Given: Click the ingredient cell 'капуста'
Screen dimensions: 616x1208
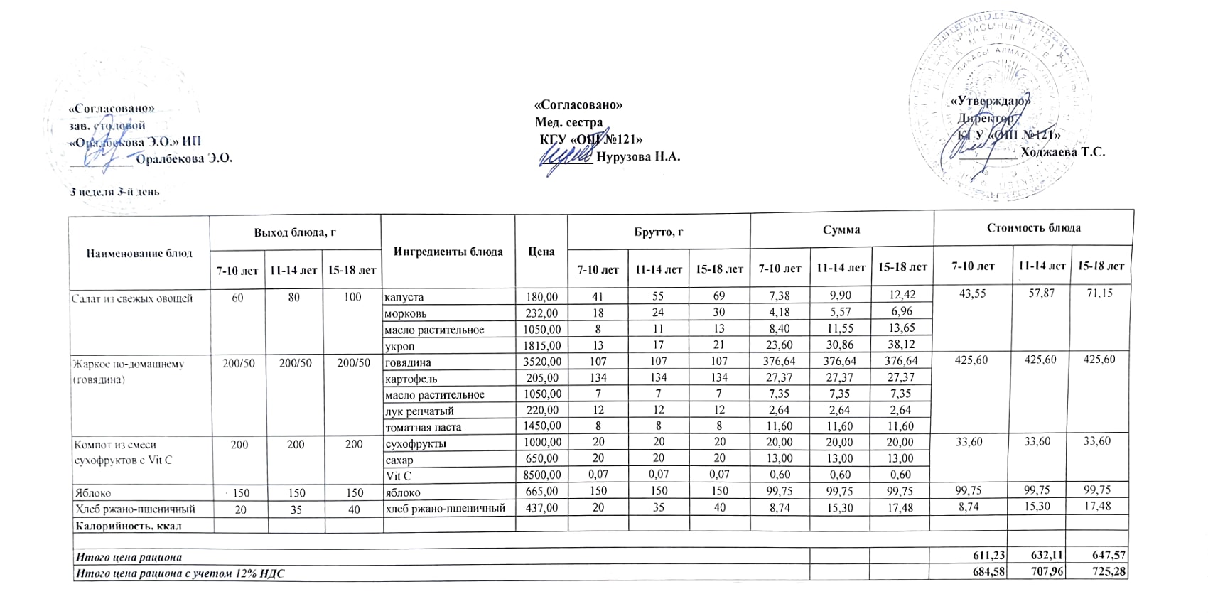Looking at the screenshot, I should [x=404, y=297].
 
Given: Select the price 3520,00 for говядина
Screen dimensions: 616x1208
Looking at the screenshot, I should [x=541, y=362].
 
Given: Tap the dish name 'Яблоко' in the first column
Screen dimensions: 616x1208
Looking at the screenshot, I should [x=93, y=492].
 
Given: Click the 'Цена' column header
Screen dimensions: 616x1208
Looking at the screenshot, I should [x=541, y=252].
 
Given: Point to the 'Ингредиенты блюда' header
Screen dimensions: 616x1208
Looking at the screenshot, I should [x=448, y=252].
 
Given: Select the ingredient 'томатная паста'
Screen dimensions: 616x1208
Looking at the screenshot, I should [x=423, y=427].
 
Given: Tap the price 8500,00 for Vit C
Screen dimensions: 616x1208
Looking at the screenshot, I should [x=541, y=475].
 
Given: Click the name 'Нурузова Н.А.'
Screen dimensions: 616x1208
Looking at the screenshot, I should [x=638, y=157].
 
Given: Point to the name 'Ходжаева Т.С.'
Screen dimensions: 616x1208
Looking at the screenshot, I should [x=1062, y=152].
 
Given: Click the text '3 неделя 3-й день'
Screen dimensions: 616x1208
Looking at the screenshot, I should [x=114, y=192].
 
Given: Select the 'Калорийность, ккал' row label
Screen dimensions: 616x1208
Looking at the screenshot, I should [x=129, y=526].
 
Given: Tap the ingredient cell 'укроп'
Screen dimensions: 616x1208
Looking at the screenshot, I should [x=399, y=346].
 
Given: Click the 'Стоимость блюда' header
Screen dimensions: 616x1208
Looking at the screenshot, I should [x=1033, y=228].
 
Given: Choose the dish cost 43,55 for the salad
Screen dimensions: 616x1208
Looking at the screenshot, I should [x=972, y=293].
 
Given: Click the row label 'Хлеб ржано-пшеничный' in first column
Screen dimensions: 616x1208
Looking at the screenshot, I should [x=135, y=509].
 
